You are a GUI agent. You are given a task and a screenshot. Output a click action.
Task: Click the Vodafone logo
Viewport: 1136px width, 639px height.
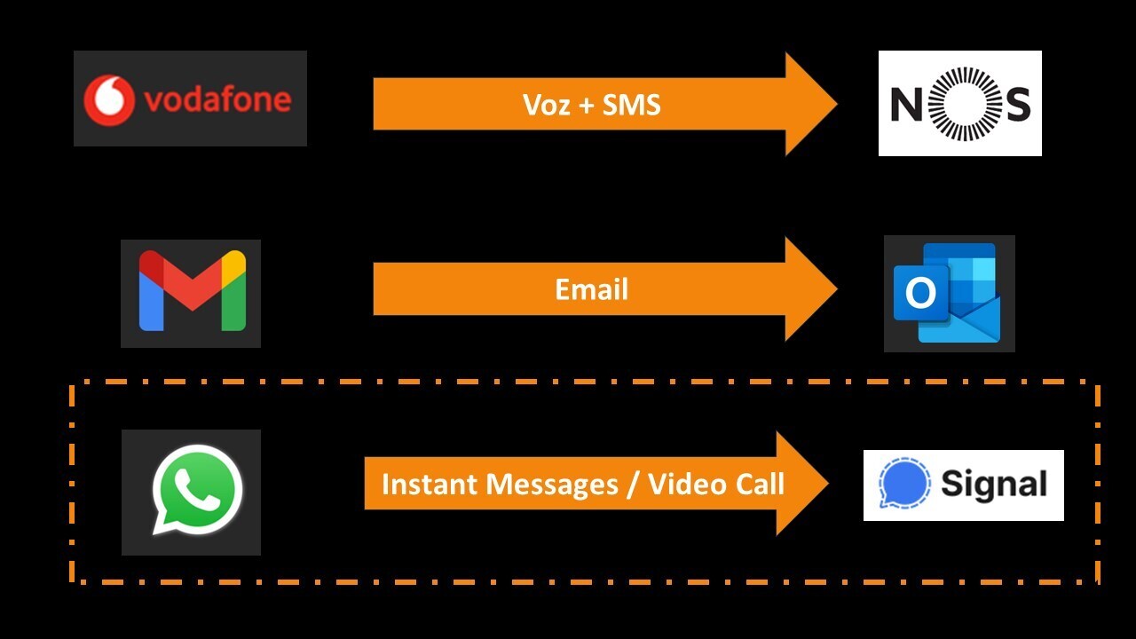pyautogui.click(x=190, y=99)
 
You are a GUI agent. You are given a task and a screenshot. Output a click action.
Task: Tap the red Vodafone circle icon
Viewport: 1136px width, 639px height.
pyautogui.click(x=108, y=99)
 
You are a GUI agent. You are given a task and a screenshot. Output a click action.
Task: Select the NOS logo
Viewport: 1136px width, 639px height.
pyautogui.click(x=959, y=103)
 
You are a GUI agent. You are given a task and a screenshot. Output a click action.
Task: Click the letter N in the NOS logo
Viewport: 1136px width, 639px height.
pyautogui.click(x=907, y=105)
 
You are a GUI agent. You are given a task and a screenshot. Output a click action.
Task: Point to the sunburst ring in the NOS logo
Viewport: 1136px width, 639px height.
pyautogui.click(x=960, y=103)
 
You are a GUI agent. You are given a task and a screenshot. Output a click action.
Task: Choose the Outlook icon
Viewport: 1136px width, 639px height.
pyautogui.click(x=949, y=293)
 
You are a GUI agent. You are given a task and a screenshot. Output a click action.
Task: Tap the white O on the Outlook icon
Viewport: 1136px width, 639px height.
pyautogui.click(x=919, y=293)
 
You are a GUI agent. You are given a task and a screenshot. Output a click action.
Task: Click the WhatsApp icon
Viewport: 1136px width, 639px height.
pyautogui.click(x=196, y=490)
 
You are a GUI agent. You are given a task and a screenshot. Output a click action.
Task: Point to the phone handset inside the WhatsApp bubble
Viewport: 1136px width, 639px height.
pyautogui.click(x=197, y=489)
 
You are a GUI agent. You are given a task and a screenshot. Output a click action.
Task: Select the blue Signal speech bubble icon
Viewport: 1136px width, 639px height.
pyautogui.click(x=904, y=484)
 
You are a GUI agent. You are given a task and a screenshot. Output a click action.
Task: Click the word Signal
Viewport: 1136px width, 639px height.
pyautogui.click(x=993, y=485)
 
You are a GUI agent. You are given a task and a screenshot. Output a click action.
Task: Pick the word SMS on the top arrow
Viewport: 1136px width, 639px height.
pyautogui.click(x=632, y=105)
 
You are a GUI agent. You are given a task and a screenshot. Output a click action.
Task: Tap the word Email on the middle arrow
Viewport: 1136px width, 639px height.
pyautogui.click(x=591, y=289)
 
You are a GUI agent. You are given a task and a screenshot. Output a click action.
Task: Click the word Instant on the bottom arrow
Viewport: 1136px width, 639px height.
pyautogui.click(x=424, y=484)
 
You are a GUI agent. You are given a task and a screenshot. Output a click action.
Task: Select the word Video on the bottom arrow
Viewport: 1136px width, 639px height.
pyautogui.click(x=681, y=484)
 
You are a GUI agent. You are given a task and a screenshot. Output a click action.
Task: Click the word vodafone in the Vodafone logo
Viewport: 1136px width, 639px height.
pyautogui.click(x=217, y=99)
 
